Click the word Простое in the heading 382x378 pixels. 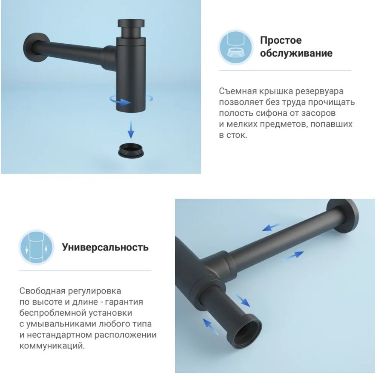(281, 40)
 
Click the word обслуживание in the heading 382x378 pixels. (296, 53)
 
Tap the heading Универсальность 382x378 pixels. (105, 247)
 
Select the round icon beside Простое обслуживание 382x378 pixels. (235, 47)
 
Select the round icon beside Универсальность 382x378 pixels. (37, 247)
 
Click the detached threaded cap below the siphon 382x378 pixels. (131, 150)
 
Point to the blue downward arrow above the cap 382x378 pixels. (131, 130)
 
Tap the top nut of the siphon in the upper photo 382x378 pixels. (131, 24)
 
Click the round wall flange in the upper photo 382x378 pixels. (36, 48)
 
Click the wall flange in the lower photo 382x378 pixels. (343, 217)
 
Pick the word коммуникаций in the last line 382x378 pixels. (52, 346)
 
